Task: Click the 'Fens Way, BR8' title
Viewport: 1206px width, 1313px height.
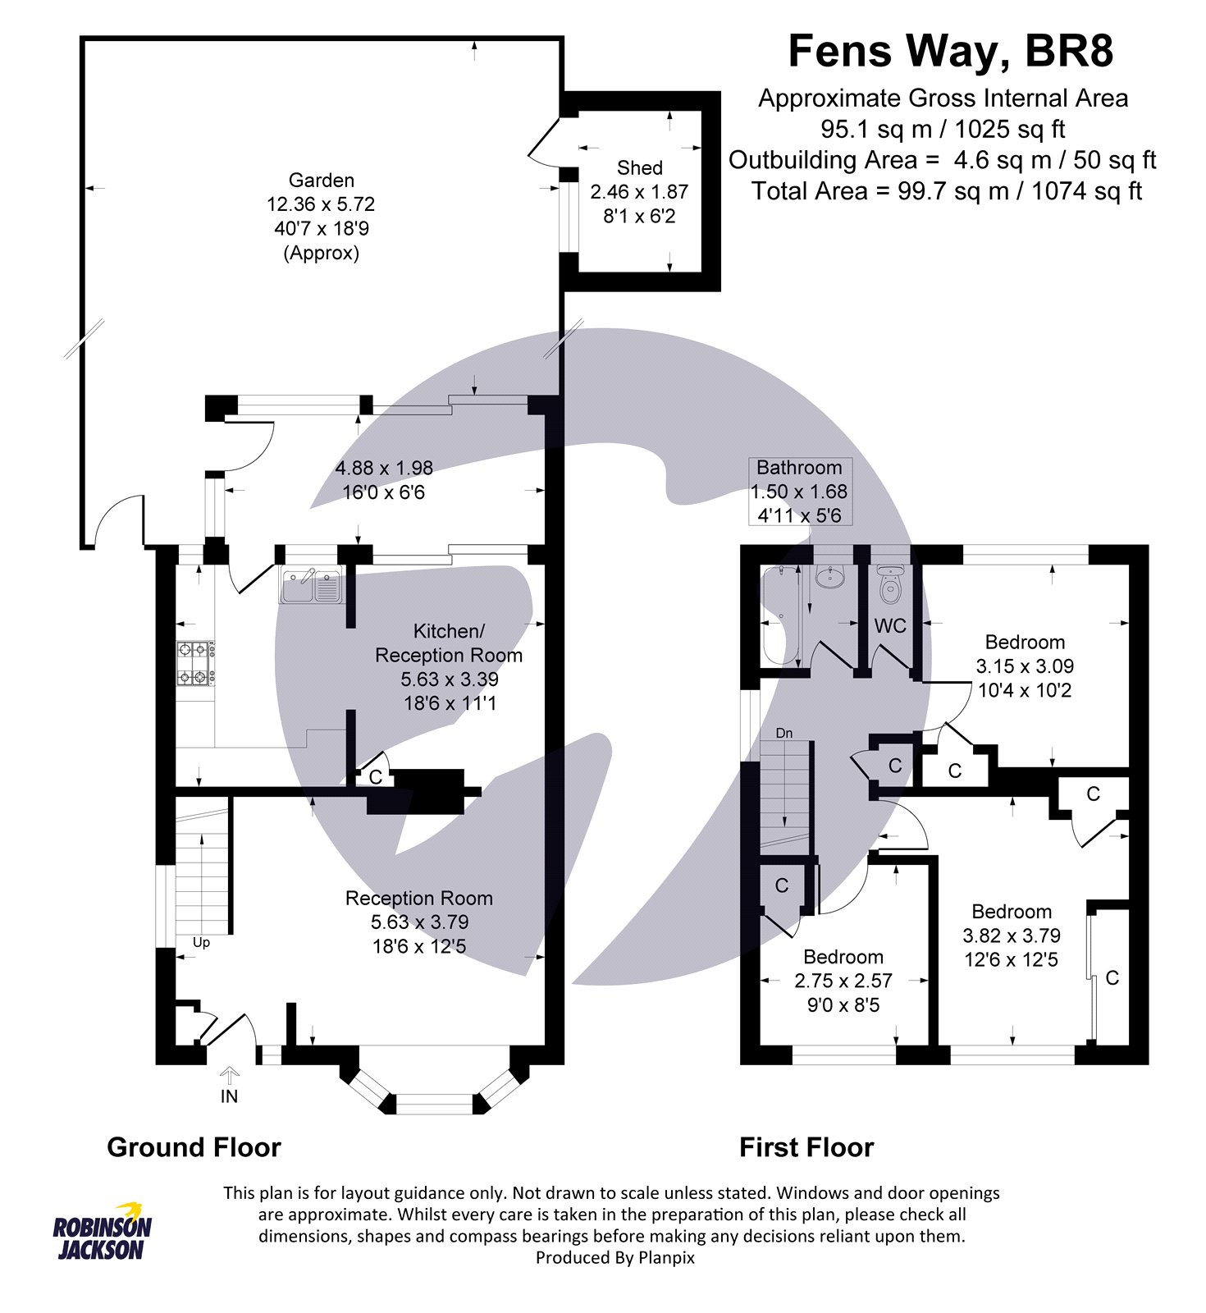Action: pyautogui.click(x=950, y=52)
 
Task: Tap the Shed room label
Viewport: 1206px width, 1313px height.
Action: pyautogui.click(x=640, y=168)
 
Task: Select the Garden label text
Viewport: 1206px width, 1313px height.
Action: pyautogui.click(x=322, y=181)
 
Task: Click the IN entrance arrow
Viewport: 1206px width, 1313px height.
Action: pyautogui.click(x=229, y=1075)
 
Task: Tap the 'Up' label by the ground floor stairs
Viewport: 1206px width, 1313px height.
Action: pyautogui.click(x=201, y=943)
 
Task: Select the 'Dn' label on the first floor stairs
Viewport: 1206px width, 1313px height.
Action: pyautogui.click(x=784, y=733)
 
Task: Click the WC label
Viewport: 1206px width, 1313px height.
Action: pyautogui.click(x=890, y=626)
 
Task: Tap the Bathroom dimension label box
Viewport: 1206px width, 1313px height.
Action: pyautogui.click(x=800, y=492)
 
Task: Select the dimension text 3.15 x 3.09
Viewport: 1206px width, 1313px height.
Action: pyautogui.click(x=1025, y=666)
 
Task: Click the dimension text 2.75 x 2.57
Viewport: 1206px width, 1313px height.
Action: pyautogui.click(x=843, y=981)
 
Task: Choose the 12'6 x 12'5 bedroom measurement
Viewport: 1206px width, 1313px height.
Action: pyautogui.click(x=1012, y=959)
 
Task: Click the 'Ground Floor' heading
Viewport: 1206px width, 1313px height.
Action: pyautogui.click(x=194, y=1147)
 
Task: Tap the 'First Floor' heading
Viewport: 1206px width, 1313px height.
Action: pyautogui.click(x=806, y=1147)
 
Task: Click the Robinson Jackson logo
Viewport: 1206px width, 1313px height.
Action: pyautogui.click(x=103, y=1231)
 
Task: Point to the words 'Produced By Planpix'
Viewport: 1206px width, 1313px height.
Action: pyautogui.click(x=614, y=1258)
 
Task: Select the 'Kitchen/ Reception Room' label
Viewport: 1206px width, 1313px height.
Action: pyautogui.click(x=449, y=643)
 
